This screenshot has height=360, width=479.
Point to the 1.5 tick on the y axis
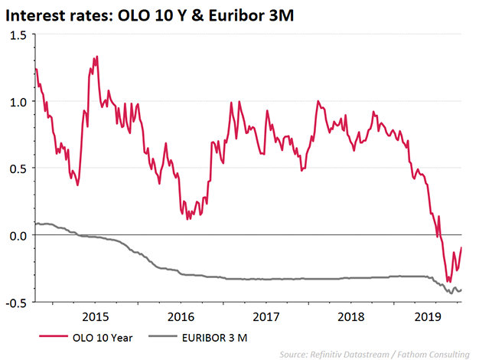click(17, 35)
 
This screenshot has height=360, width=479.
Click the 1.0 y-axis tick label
click(17, 102)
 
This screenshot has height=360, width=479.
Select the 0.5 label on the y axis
click(17, 169)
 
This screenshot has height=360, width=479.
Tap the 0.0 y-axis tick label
click(17, 235)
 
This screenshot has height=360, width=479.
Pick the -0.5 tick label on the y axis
click(15, 302)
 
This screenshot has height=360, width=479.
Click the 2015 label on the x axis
click(95, 316)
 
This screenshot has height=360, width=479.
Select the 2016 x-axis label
click(180, 316)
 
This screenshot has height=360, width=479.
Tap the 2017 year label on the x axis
click(265, 316)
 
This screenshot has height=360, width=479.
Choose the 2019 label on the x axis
click(428, 316)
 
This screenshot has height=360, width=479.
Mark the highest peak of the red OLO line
click(96, 57)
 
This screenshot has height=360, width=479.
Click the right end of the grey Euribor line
click(461, 290)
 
